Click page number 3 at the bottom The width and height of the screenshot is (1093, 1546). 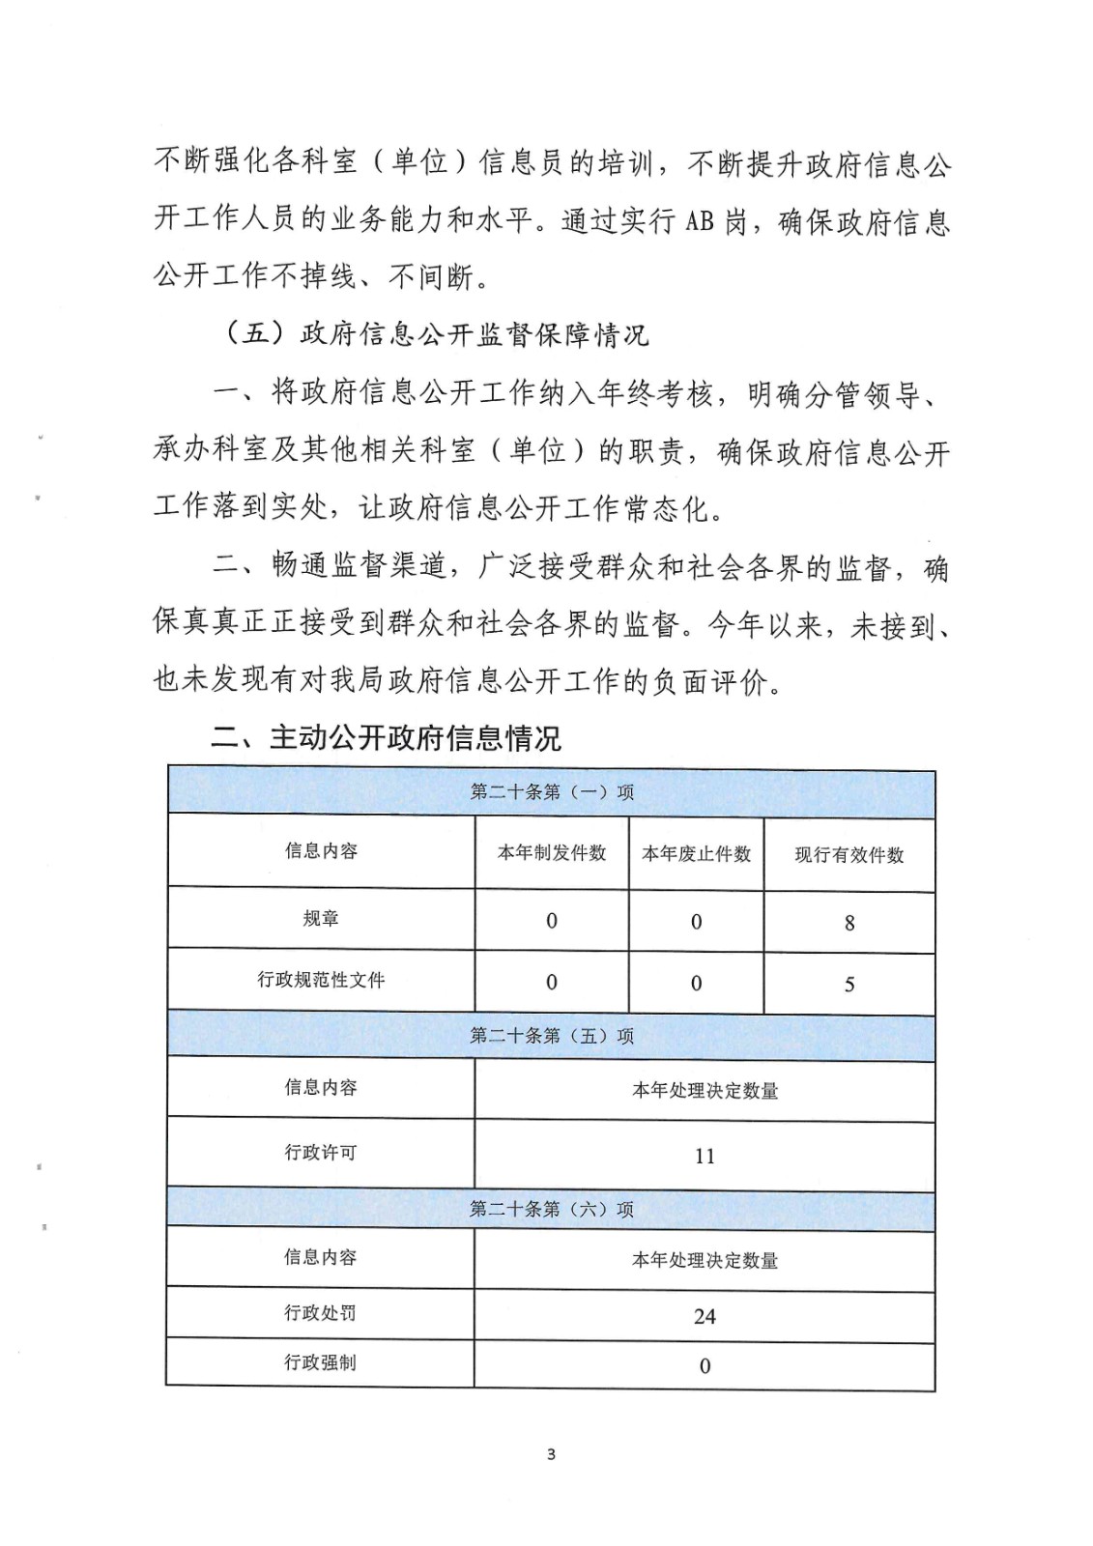point(551,1454)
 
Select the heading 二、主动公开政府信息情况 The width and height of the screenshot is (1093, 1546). point(386,738)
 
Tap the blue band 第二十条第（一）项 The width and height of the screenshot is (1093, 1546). point(552,792)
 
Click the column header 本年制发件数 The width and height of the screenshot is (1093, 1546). point(552,853)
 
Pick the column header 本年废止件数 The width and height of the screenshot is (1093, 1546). point(696,854)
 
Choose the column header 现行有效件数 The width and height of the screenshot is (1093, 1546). point(849,855)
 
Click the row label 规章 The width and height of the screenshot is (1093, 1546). point(321,918)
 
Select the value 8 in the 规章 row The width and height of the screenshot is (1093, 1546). point(849,924)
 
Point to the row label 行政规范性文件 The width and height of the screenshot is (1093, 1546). point(321,980)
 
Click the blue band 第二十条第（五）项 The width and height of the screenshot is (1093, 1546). point(552,1036)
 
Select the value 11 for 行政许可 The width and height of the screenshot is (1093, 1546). point(705,1157)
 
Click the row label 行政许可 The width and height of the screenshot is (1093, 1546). point(321,1153)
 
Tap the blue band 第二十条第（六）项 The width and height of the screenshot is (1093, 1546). point(552,1210)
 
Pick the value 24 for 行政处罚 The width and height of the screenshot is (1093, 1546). point(705,1317)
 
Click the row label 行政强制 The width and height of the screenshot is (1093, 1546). point(320,1362)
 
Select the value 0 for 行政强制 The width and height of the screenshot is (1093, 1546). point(705,1366)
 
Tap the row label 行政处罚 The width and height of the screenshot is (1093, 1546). point(320,1313)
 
